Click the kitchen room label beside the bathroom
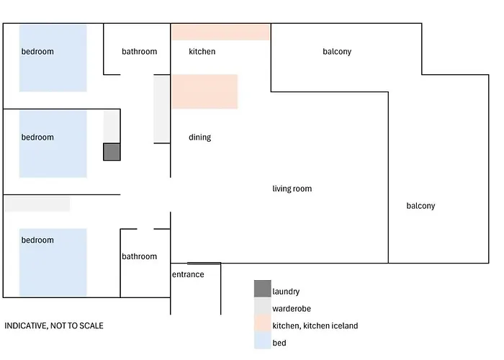pos(202,52)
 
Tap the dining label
pos(199,138)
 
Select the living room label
pos(292,189)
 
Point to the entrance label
pos(187,274)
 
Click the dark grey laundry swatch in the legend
pos(262,289)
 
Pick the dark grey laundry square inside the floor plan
pos(112,152)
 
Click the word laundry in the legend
pos(286,292)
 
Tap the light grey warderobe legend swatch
pos(262,306)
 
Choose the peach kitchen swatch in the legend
pos(262,323)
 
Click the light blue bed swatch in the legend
pos(262,341)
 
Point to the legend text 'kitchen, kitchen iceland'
pos(315,326)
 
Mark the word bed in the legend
pos(279,343)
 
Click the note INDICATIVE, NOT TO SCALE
pos(54,326)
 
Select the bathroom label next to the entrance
pos(139,256)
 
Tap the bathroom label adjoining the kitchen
pos(139,52)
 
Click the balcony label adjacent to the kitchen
pos(337,52)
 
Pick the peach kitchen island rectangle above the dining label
pos(204,91)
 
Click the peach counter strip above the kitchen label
pos(220,32)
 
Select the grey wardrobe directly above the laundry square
pos(112,127)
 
